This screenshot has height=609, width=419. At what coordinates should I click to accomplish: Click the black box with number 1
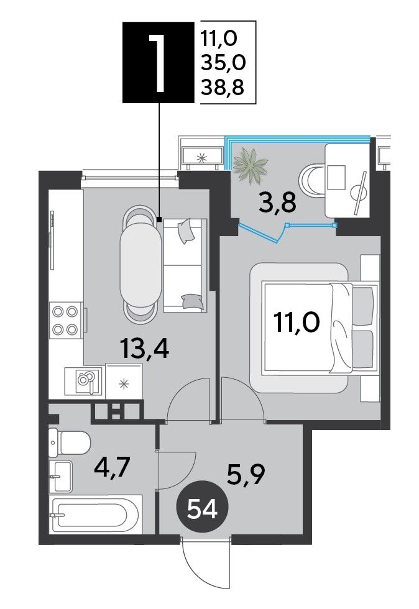point(158,62)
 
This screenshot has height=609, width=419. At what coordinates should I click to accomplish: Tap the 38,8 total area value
point(223,88)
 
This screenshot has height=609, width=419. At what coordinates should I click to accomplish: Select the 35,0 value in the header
point(223,63)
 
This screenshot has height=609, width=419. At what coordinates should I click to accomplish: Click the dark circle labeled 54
point(202,509)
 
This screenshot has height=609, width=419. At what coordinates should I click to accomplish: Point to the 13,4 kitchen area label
point(145,348)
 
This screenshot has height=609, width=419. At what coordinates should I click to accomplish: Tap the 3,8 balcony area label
point(277,203)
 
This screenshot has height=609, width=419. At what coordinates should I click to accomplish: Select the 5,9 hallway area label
point(246,474)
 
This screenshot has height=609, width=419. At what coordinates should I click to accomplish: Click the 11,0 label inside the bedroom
point(297,323)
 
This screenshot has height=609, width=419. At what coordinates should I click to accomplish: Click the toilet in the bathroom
point(70,442)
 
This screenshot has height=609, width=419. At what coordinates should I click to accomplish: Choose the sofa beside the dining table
point(185,265)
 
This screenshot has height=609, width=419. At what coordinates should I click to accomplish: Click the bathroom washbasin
point(61,476)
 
